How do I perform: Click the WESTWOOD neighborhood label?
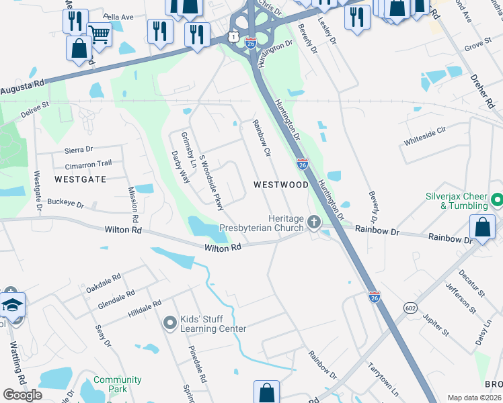click(280, 184)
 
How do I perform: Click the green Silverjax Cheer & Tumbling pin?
click(496, 200)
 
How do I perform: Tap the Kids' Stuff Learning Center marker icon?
click(170, 323)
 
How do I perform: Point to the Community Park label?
click(118, 384)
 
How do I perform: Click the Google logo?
click(22, 395)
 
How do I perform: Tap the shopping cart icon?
click(99, 34)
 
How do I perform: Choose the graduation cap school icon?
click(11, 305)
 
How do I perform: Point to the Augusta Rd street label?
click(22, 87)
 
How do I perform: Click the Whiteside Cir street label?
click(425, 136)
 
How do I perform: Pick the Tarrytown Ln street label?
click(383, 379)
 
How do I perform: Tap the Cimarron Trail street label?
click(88, 164)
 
